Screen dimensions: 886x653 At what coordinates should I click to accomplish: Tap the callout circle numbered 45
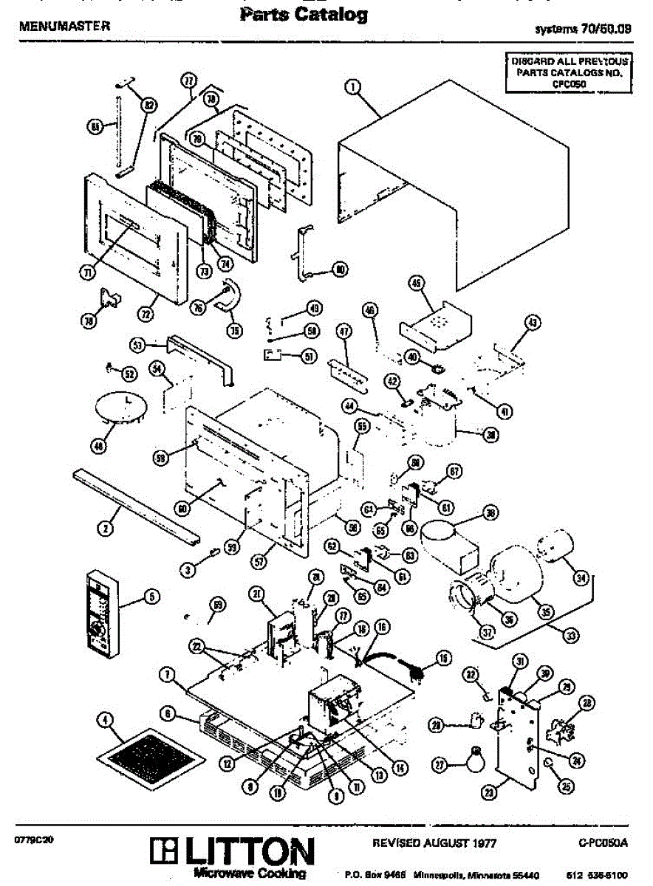click(416, 283)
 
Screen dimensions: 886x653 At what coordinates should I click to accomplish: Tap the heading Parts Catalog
click(304, 15)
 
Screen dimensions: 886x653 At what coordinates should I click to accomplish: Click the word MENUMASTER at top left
click(64, 26)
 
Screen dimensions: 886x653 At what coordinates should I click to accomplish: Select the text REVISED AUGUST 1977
click(434, 842)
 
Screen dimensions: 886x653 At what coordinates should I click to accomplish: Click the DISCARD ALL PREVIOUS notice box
click(568, 72)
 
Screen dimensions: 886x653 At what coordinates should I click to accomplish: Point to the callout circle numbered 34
click(581, 578)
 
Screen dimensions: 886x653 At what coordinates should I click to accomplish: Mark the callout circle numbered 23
click(488, 792)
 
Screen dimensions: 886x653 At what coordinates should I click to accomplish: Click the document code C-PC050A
click(603, 842)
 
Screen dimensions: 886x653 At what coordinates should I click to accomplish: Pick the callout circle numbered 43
click(532, 322)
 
